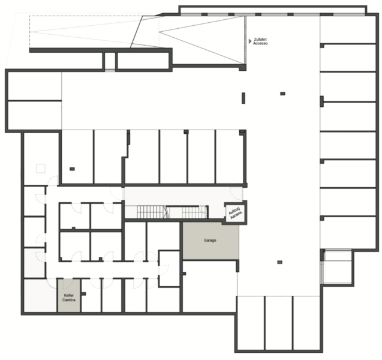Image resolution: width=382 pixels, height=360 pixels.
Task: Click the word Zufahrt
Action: [260, 39]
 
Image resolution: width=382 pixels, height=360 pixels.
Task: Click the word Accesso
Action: [260, 43]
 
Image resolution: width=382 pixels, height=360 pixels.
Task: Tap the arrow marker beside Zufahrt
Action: [250, 41]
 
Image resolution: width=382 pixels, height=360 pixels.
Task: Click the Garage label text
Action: [210, 241]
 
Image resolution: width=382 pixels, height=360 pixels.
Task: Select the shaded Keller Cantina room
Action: [69, 295]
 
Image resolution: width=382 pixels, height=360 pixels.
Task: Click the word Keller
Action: [69, 295]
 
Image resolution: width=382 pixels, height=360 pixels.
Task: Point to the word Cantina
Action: [69, 300]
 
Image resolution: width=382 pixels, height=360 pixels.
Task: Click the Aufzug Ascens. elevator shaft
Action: [235, 213]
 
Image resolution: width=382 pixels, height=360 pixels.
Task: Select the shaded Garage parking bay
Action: [210, 241]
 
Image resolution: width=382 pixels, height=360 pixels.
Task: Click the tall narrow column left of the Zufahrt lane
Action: [243, 98]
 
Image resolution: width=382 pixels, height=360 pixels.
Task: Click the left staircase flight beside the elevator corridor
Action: [151, 212]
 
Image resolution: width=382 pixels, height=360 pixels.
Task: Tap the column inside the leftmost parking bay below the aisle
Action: [72, 169]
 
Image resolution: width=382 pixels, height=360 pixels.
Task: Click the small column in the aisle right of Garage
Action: [279, 262]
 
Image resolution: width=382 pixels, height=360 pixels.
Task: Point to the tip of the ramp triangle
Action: [160, 32]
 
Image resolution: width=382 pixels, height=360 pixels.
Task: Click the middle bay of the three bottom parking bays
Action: [279, 323]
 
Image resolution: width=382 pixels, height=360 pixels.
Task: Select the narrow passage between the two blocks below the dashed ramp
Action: [110, 61]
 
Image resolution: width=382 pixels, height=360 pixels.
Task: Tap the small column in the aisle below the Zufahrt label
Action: [282, 94]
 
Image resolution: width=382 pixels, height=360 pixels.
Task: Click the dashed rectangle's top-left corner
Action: [29, 16]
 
